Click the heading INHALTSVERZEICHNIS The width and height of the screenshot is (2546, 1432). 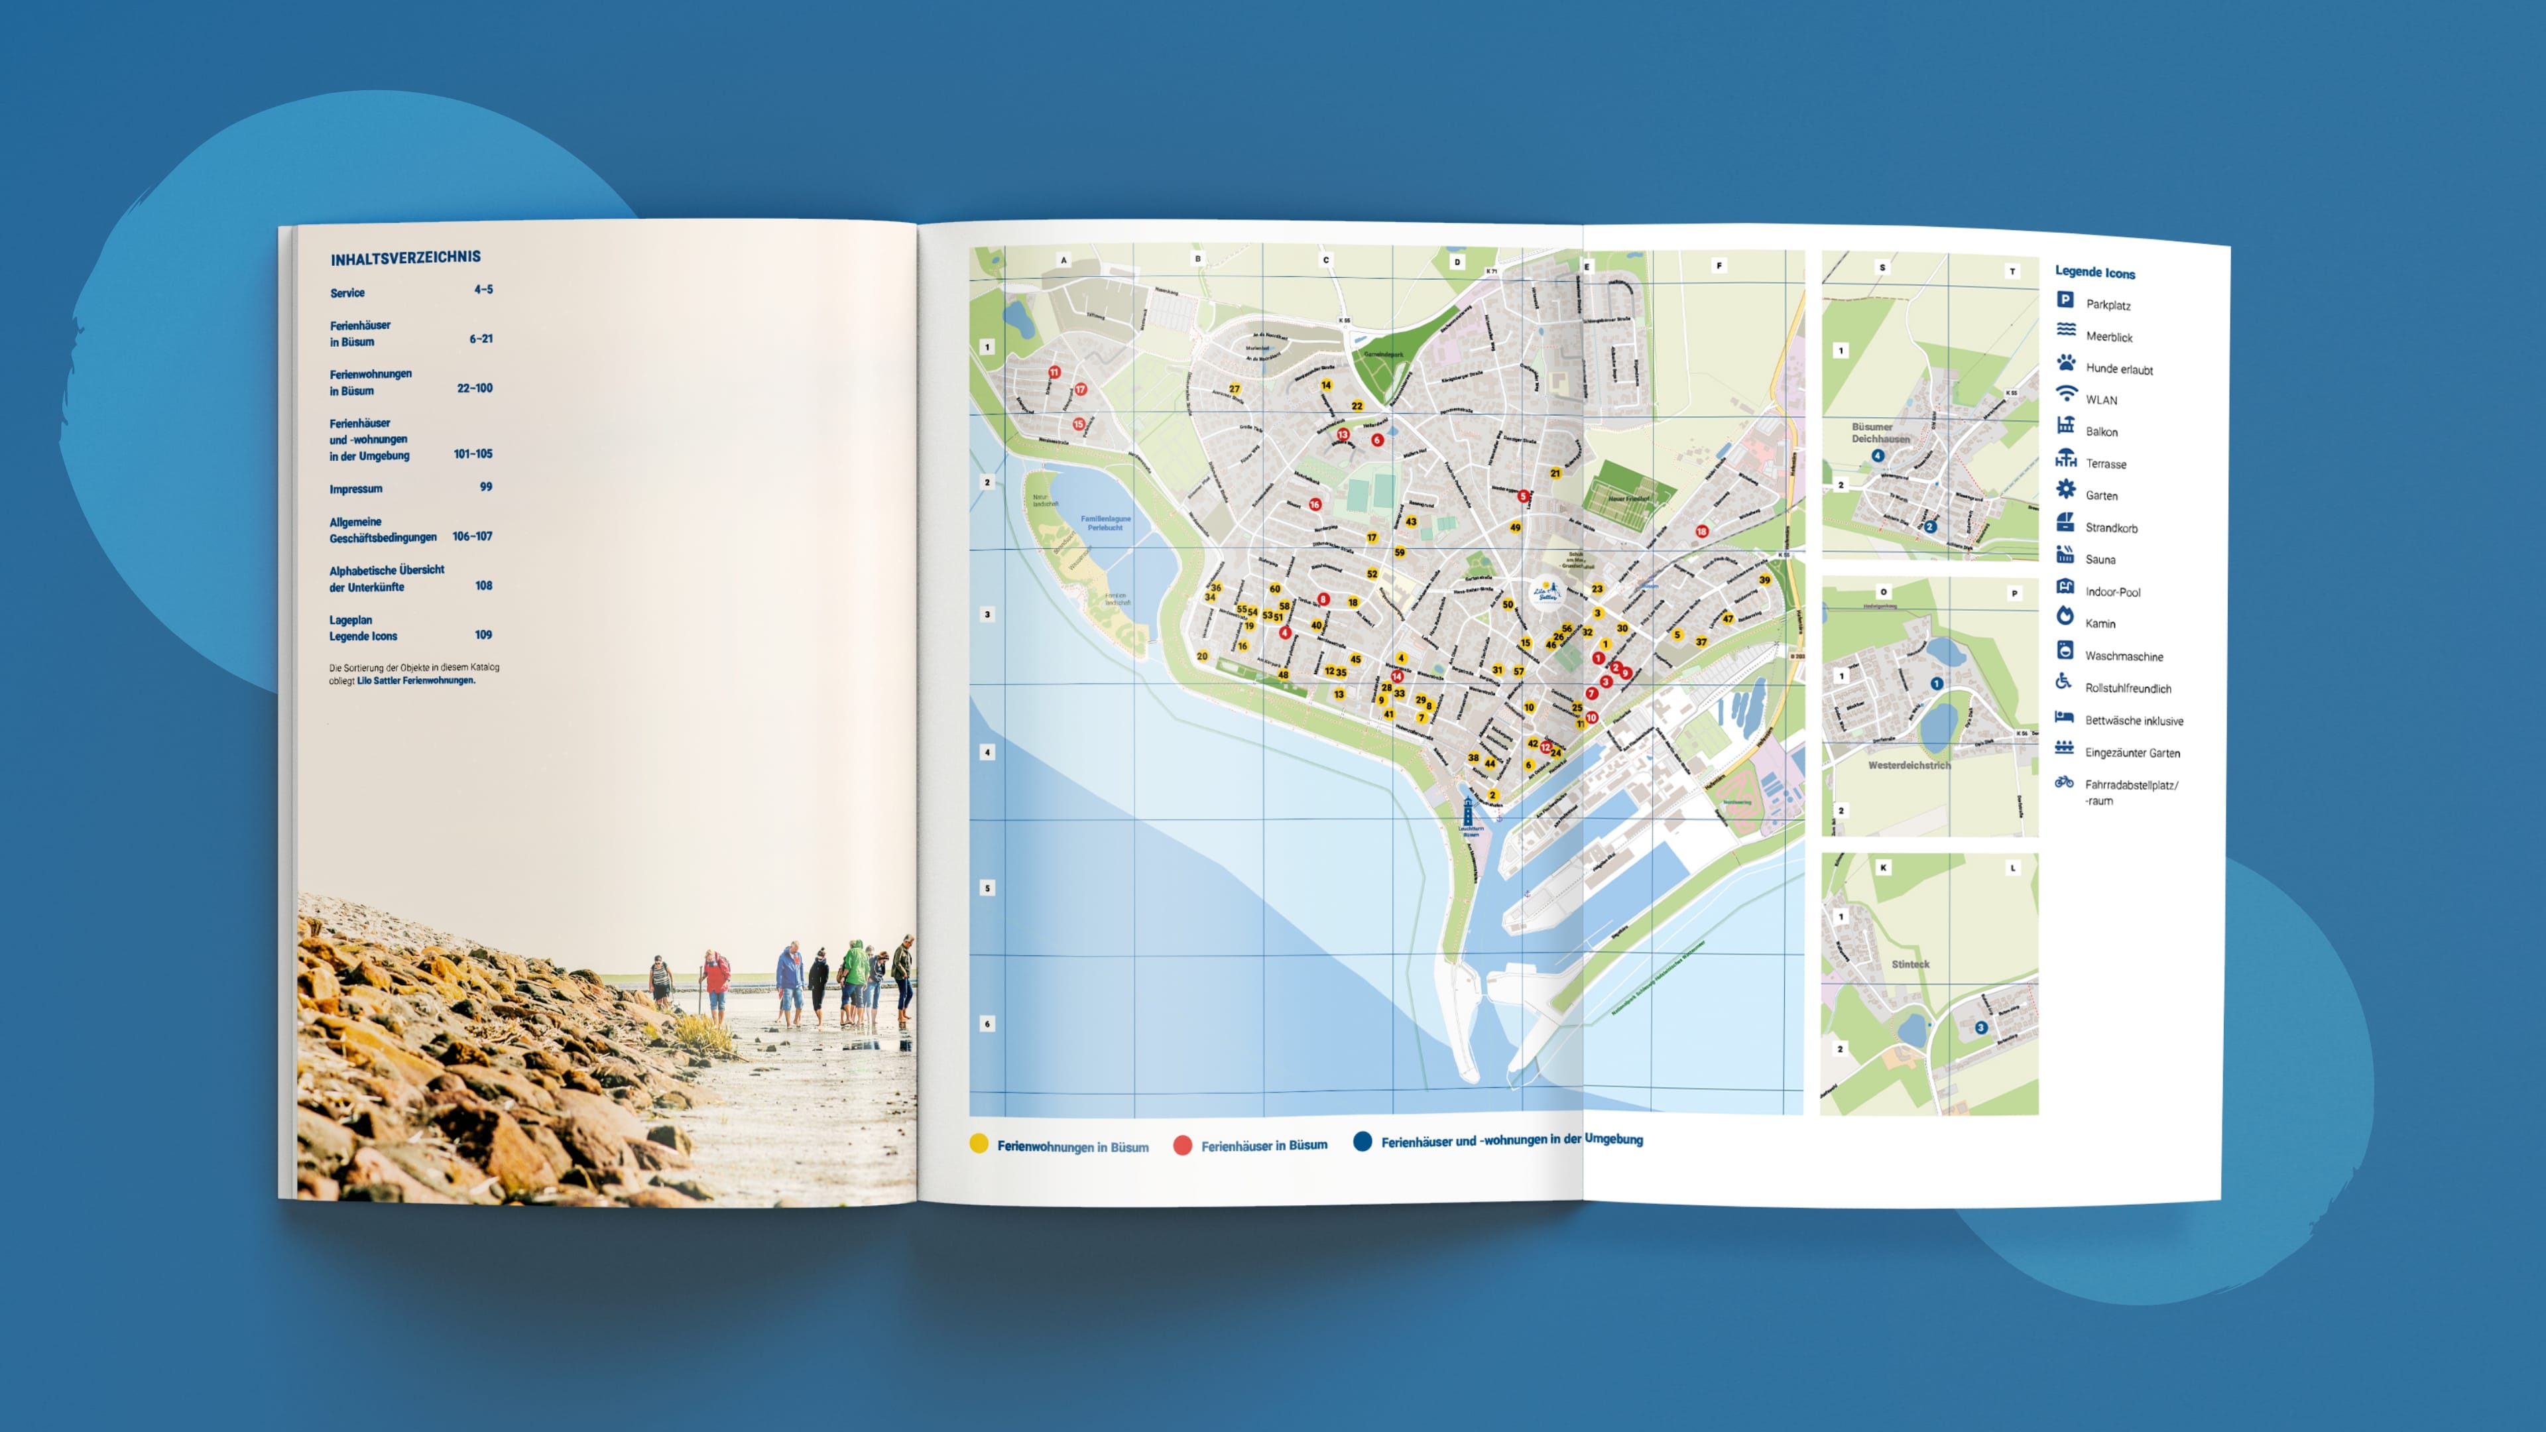(x=405, y=258)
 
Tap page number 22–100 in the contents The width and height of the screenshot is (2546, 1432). (x=475, y=388)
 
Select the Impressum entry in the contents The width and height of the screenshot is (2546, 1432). (x=356, y=489)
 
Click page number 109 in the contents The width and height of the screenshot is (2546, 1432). (x=483, y=634)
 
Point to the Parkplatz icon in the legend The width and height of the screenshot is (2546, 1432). (x=2065, y=300)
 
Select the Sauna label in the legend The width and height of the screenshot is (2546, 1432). (x=2100, y=560)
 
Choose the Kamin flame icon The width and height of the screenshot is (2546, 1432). (x=2065, y=616)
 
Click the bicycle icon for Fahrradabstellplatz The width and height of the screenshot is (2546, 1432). (x=2064, y=782)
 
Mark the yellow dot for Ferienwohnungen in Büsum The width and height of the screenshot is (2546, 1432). (x=979, y=1144)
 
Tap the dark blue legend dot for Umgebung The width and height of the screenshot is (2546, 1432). (x=1362, y=1142)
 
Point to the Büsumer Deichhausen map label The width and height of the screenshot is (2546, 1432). (x=1880, y=433)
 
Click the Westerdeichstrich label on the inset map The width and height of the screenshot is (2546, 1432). (x=1909, y=765)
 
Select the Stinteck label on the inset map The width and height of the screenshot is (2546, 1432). (x=1909, y=963)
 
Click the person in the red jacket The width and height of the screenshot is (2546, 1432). (x=715, y=973)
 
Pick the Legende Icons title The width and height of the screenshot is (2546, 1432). (x=2094, y=272)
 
